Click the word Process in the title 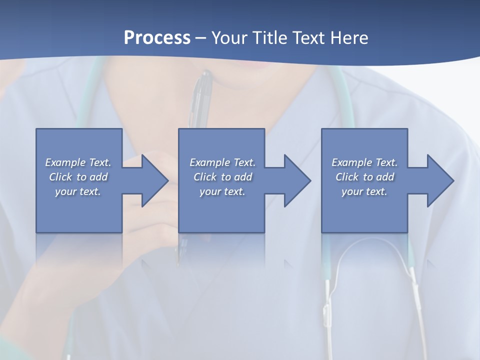tap(157, 38)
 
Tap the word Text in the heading tap(309, 38)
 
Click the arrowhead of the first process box tap(153, 180)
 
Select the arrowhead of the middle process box tap(295, 180)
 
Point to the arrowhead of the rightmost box tap(438, 180)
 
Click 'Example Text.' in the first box tap(78, 162)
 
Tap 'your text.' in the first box tap(78, 191)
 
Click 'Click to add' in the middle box tap(222, 177)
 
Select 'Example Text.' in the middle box tap(222, 162)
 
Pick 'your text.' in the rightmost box tap(364, 191)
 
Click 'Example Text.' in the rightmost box tap(364, 162)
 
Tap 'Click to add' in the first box tap(78, 177)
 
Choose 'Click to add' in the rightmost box tap(364, 177)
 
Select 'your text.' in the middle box tap(222, 191)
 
